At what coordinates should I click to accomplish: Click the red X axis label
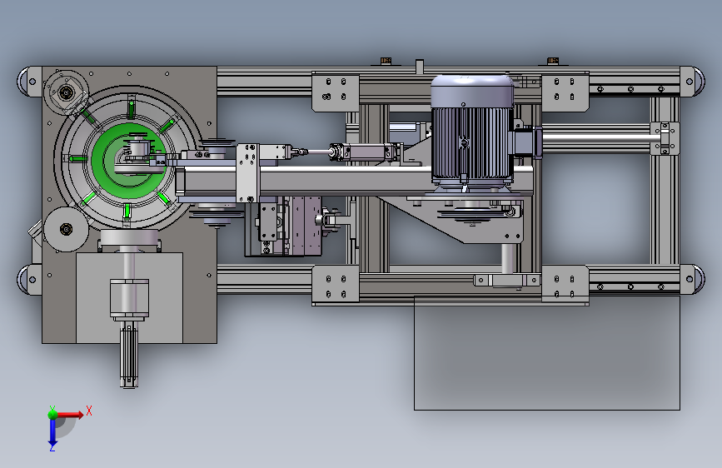(x=89, y=411)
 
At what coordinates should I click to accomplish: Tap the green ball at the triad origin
(x=52, y=414)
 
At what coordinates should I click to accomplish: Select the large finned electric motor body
(x=471, y=132)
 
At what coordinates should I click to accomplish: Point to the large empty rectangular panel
(x=546, y=353)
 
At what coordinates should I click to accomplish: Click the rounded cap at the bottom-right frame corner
(x=692, y=279)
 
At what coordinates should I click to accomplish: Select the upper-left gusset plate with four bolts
(x=336, y=92)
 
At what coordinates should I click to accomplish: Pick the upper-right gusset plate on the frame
(x=565, y=92)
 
